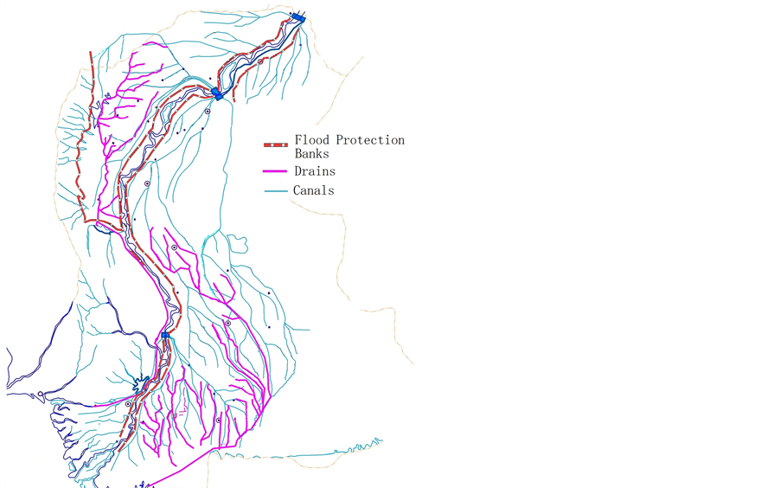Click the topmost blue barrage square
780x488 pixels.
tap(298, 17)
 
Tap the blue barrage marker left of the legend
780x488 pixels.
tap(217, 93)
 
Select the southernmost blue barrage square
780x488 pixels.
tap(164, 335)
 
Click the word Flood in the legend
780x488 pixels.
tap(312, 140)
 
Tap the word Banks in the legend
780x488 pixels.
tap(311, 154)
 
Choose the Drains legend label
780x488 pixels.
tap(315, 171)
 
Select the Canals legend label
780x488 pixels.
tap(313, 190)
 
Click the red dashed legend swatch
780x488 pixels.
tap(275, 144)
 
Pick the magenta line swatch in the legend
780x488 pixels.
tap(275, 171)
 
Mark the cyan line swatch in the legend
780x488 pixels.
tap(275, 190)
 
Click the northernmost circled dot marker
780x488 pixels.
tap(260, 61)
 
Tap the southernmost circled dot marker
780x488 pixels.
tap(219, 421)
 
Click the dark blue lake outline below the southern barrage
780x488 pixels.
tap(139, 382)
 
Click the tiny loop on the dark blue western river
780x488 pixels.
tap(41, 394)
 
